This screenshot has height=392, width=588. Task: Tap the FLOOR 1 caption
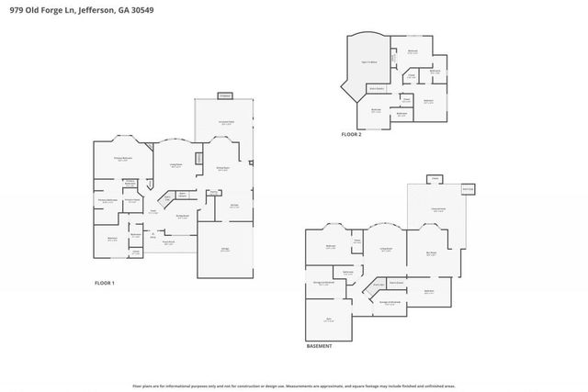pos(105,283)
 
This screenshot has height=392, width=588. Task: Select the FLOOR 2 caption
pos(352,134)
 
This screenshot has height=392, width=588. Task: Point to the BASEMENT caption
pos(319,346)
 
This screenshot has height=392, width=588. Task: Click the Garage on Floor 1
pos(225,250)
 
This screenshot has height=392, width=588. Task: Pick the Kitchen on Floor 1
pos(233,207)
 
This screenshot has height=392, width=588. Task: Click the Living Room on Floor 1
pos(175,165)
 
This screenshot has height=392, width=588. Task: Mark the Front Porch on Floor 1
pos(169,242)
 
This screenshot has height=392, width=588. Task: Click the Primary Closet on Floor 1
pos(132,200)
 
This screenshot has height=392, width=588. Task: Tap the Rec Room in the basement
pos(430,254)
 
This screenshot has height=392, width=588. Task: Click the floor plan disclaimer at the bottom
pos(294,386)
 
